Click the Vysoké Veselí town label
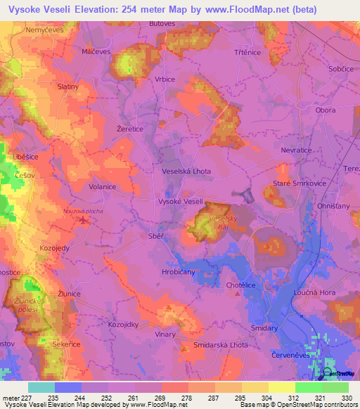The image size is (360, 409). coord(181,202)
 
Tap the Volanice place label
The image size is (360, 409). coord(102,188)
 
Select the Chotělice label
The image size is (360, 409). coord(241,285)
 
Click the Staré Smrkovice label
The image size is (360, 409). coord(285,184)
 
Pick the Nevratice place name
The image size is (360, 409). coord(297,150)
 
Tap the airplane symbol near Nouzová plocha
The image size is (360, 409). coord(84,220)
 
